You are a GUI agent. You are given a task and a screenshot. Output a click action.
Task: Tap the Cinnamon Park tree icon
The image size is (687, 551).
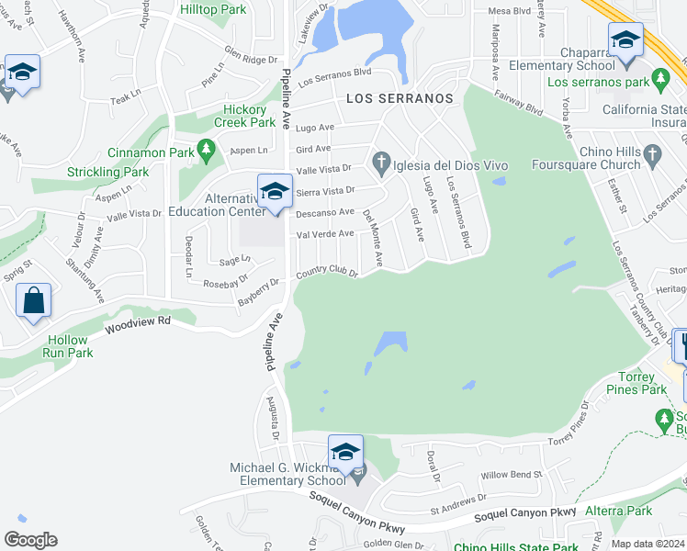click(207, 149)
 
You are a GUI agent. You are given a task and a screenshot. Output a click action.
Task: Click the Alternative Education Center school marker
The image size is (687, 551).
click(274, 192)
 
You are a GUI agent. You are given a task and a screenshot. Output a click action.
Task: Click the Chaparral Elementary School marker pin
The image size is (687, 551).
click(625, 42)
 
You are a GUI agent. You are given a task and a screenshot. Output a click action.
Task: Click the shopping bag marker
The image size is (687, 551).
click(33, 300)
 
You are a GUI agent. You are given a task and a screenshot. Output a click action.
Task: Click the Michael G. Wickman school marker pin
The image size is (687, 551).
click(345, 453)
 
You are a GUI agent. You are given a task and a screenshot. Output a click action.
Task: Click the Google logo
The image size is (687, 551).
click(30, 539)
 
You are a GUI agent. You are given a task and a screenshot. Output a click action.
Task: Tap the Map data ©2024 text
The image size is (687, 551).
click(648, 544)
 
